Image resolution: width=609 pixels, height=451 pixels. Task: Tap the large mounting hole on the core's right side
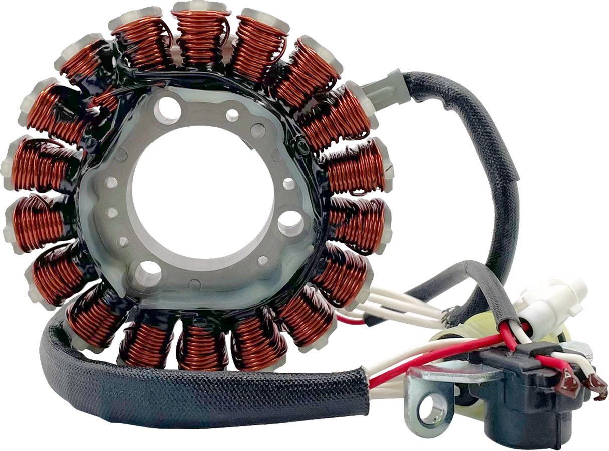[291, 223]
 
